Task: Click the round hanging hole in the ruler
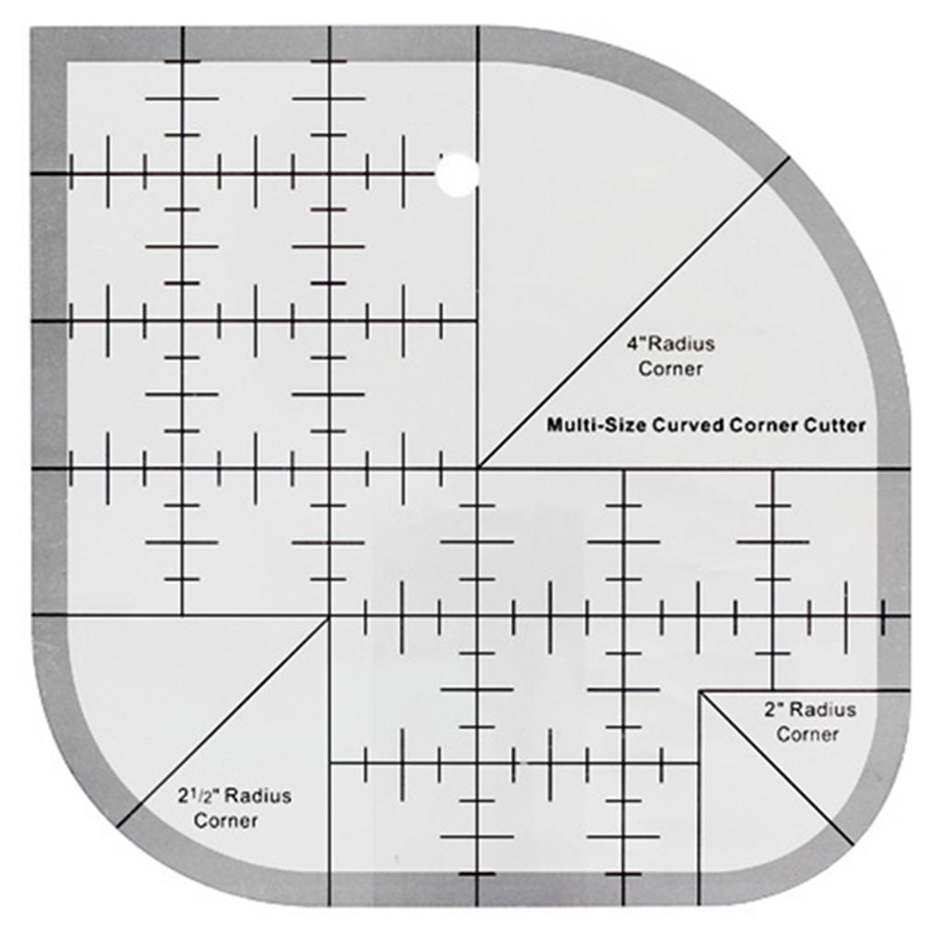(458, 175)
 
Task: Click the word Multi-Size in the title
(596, 425)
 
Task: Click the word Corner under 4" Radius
(671, 368)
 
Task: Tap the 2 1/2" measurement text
(200, 796)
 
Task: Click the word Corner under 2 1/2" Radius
(226, 821)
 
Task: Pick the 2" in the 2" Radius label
(773, 709)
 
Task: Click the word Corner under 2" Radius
(808, 734)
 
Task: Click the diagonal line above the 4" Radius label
(634, 313)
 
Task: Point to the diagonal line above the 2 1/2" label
(224, 723)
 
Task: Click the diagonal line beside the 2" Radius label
(776, 767)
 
